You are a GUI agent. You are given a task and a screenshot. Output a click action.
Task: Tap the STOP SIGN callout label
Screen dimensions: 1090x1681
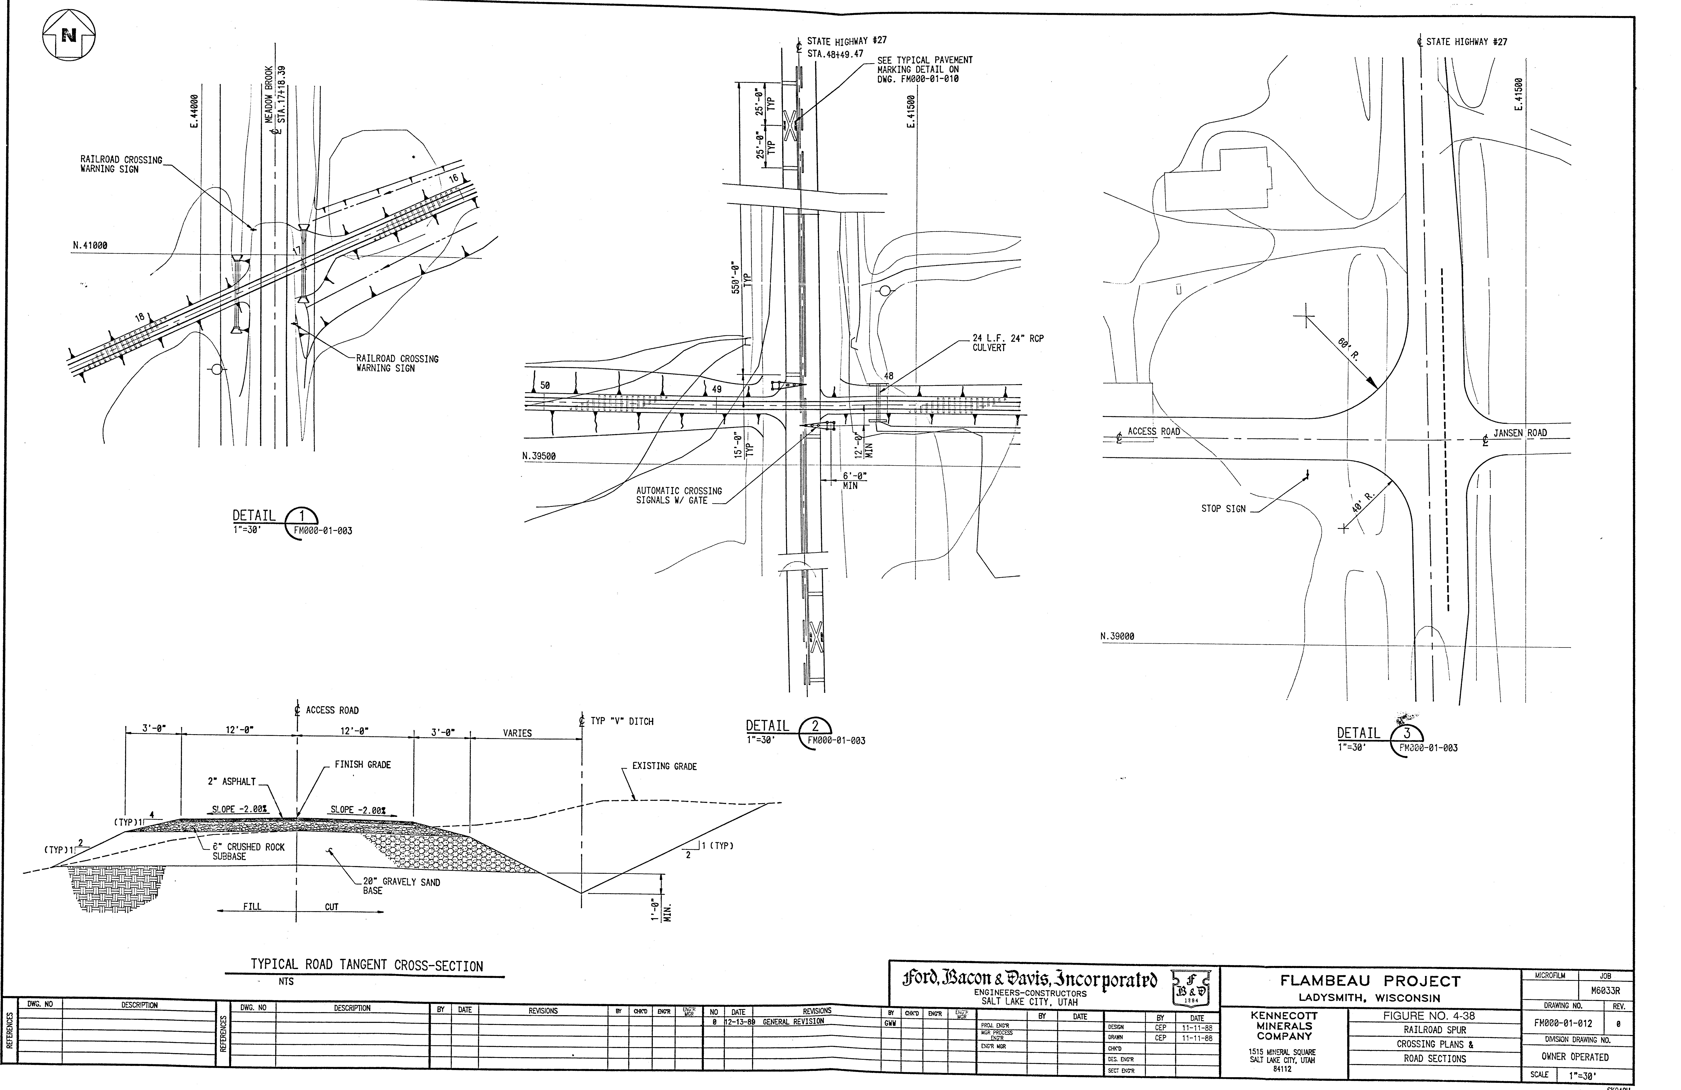[x=1223, y=509]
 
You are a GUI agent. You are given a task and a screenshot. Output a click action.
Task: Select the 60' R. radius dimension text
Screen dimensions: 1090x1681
[x=1348, y=349]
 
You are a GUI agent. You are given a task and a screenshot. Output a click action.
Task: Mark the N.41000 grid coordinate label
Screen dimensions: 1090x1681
[x=90, y=246]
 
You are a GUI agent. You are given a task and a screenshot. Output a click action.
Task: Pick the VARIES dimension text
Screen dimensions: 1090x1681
[x=517, y=733]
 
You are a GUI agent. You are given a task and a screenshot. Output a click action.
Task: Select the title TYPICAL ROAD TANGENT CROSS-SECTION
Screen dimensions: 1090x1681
[x=367, y=966]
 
